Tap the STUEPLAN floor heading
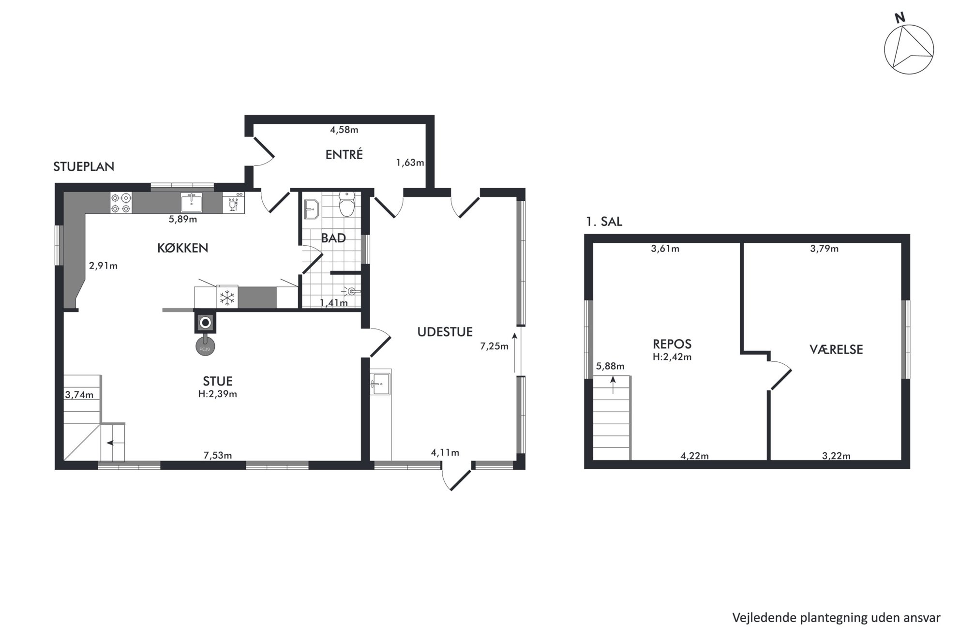point(84,166)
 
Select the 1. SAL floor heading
point(604,222)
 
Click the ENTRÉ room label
point(344,154)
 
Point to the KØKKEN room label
point(183,248)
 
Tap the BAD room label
point(334,238)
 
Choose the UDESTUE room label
point(445,332)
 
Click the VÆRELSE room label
point(836,349)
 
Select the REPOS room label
point(672,344)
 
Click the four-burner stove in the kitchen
point(121,203)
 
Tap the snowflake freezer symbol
point(227,298)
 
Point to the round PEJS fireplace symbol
point(205,346)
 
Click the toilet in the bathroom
point(347,204)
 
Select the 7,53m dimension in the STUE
point(218,455)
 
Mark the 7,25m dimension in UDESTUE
point(494,346)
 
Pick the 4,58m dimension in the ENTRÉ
point(344,130)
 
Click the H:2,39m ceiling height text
point(218,394)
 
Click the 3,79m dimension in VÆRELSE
point(825,249)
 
